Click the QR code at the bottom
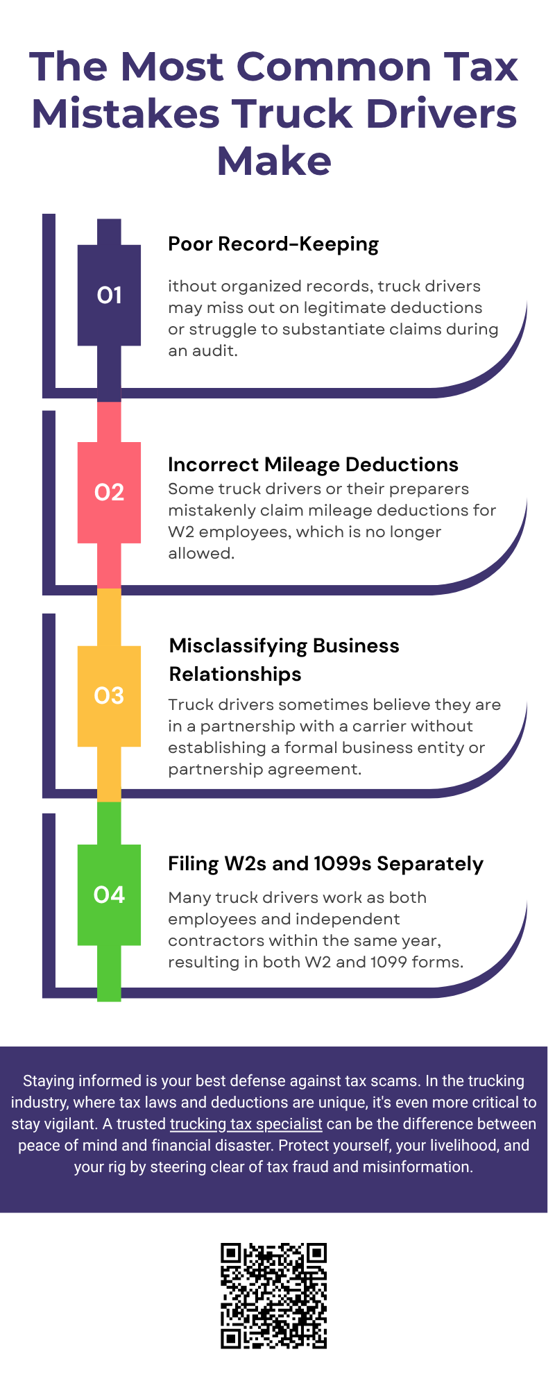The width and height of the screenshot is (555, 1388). coord(273,1296)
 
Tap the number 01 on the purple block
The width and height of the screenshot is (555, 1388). coord(109,296)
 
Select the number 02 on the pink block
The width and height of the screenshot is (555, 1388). coord(109,492)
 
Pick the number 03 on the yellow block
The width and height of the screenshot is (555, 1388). coord(109,695)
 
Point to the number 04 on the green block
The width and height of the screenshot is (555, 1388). coord(109,895)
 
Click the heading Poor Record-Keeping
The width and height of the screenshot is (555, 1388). coord(273,244)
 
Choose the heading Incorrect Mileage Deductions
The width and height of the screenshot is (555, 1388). coord(313,464)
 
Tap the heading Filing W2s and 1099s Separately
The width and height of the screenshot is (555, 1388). coord(325,864)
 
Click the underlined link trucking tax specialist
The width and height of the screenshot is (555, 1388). coord(246,1124)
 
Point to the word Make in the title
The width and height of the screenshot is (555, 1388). coord(274,161)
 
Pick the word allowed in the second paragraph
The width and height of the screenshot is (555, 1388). coord(201,553)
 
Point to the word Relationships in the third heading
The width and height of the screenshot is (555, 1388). coord(235,675)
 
